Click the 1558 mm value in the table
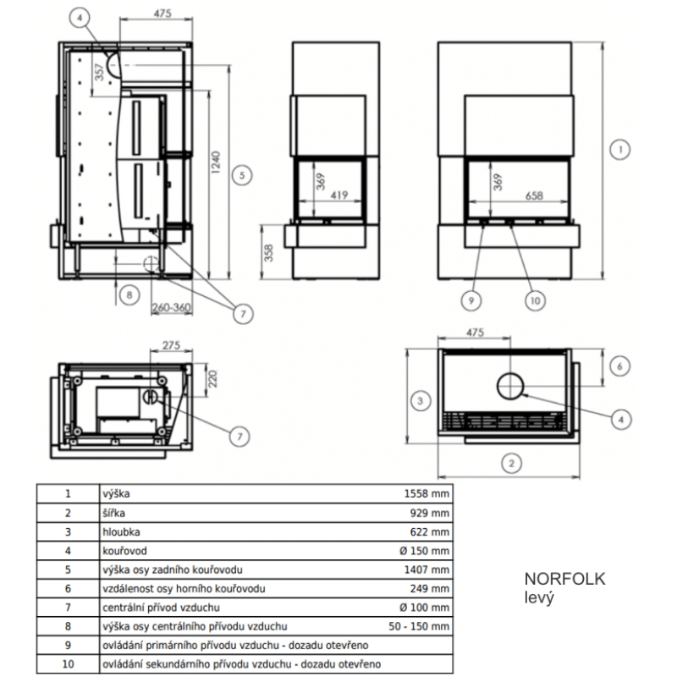[427, 493]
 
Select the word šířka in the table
[113, 513]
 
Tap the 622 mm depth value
[430, 532]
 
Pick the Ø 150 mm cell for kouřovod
[425, 551]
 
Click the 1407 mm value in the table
[427, 570]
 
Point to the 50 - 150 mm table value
[419, 626]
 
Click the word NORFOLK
[564, 579]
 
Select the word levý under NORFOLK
[539, 598]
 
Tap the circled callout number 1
[620, 150]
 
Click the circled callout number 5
[242, 175]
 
